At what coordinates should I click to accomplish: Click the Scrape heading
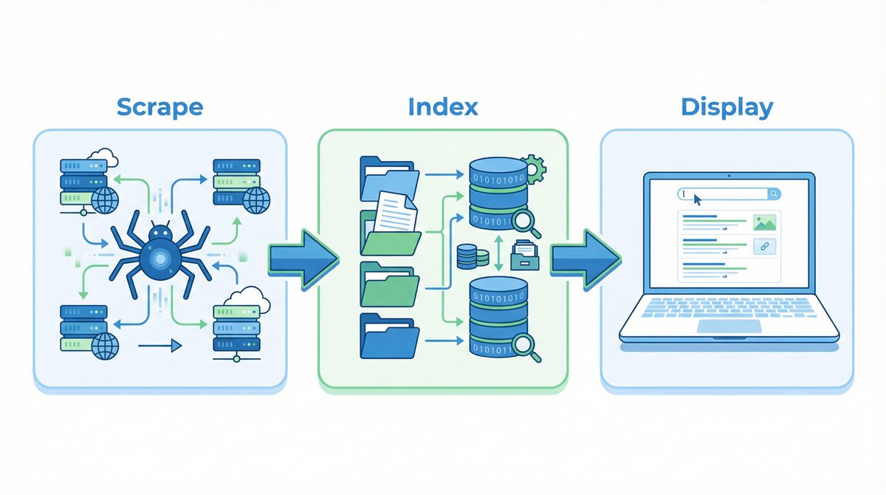[159, 107]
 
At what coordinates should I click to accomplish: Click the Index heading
[443, 107]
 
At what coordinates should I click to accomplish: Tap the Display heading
[727, 107]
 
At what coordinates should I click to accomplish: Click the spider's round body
[159, 256]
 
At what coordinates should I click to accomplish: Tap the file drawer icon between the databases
[525, 254]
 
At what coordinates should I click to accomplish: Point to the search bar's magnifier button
[773, 194]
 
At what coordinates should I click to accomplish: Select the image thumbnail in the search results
[764, 222]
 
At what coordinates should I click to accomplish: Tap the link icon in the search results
[764, 247]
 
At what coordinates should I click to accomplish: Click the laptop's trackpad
[729, 326]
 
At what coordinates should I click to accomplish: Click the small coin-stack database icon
[473, 256]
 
